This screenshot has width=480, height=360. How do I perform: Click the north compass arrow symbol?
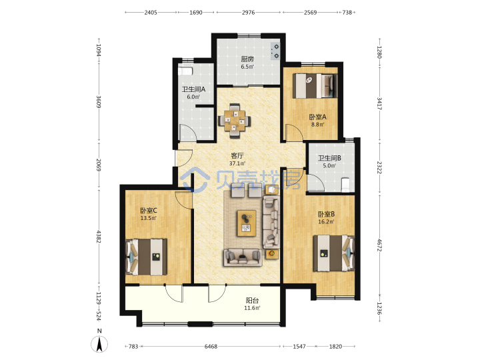coord(99,344)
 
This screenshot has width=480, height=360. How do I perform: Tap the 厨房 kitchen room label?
coord(247,59)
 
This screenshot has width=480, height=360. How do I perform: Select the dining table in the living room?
coord(235,121)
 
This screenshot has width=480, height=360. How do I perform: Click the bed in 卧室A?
coord(315,86)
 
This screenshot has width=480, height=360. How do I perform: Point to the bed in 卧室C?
coord(146,257)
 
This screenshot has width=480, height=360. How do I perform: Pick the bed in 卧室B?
coord(333,253)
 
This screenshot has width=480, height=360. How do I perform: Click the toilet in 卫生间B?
coord(345,184)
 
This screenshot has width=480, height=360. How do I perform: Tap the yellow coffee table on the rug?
coord(247,223)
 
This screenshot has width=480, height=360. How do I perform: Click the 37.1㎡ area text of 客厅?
coord(237,163)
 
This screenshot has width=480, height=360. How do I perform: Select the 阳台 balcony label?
coord(252,301)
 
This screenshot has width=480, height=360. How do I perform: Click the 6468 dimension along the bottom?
coord(211,347)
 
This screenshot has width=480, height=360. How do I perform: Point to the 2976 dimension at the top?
coord(248,13)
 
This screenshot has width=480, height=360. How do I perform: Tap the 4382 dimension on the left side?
coord(99,237)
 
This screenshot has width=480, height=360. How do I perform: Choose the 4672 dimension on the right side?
coord(379,245)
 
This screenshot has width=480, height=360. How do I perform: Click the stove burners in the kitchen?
coord(275,51)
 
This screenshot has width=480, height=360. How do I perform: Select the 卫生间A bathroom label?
coord(193,89)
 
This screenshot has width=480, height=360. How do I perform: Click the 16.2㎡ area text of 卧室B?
coord(326,221)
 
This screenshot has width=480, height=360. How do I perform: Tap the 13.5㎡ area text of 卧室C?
coord(149,218)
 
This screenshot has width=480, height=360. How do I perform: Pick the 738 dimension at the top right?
coord(347,13)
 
